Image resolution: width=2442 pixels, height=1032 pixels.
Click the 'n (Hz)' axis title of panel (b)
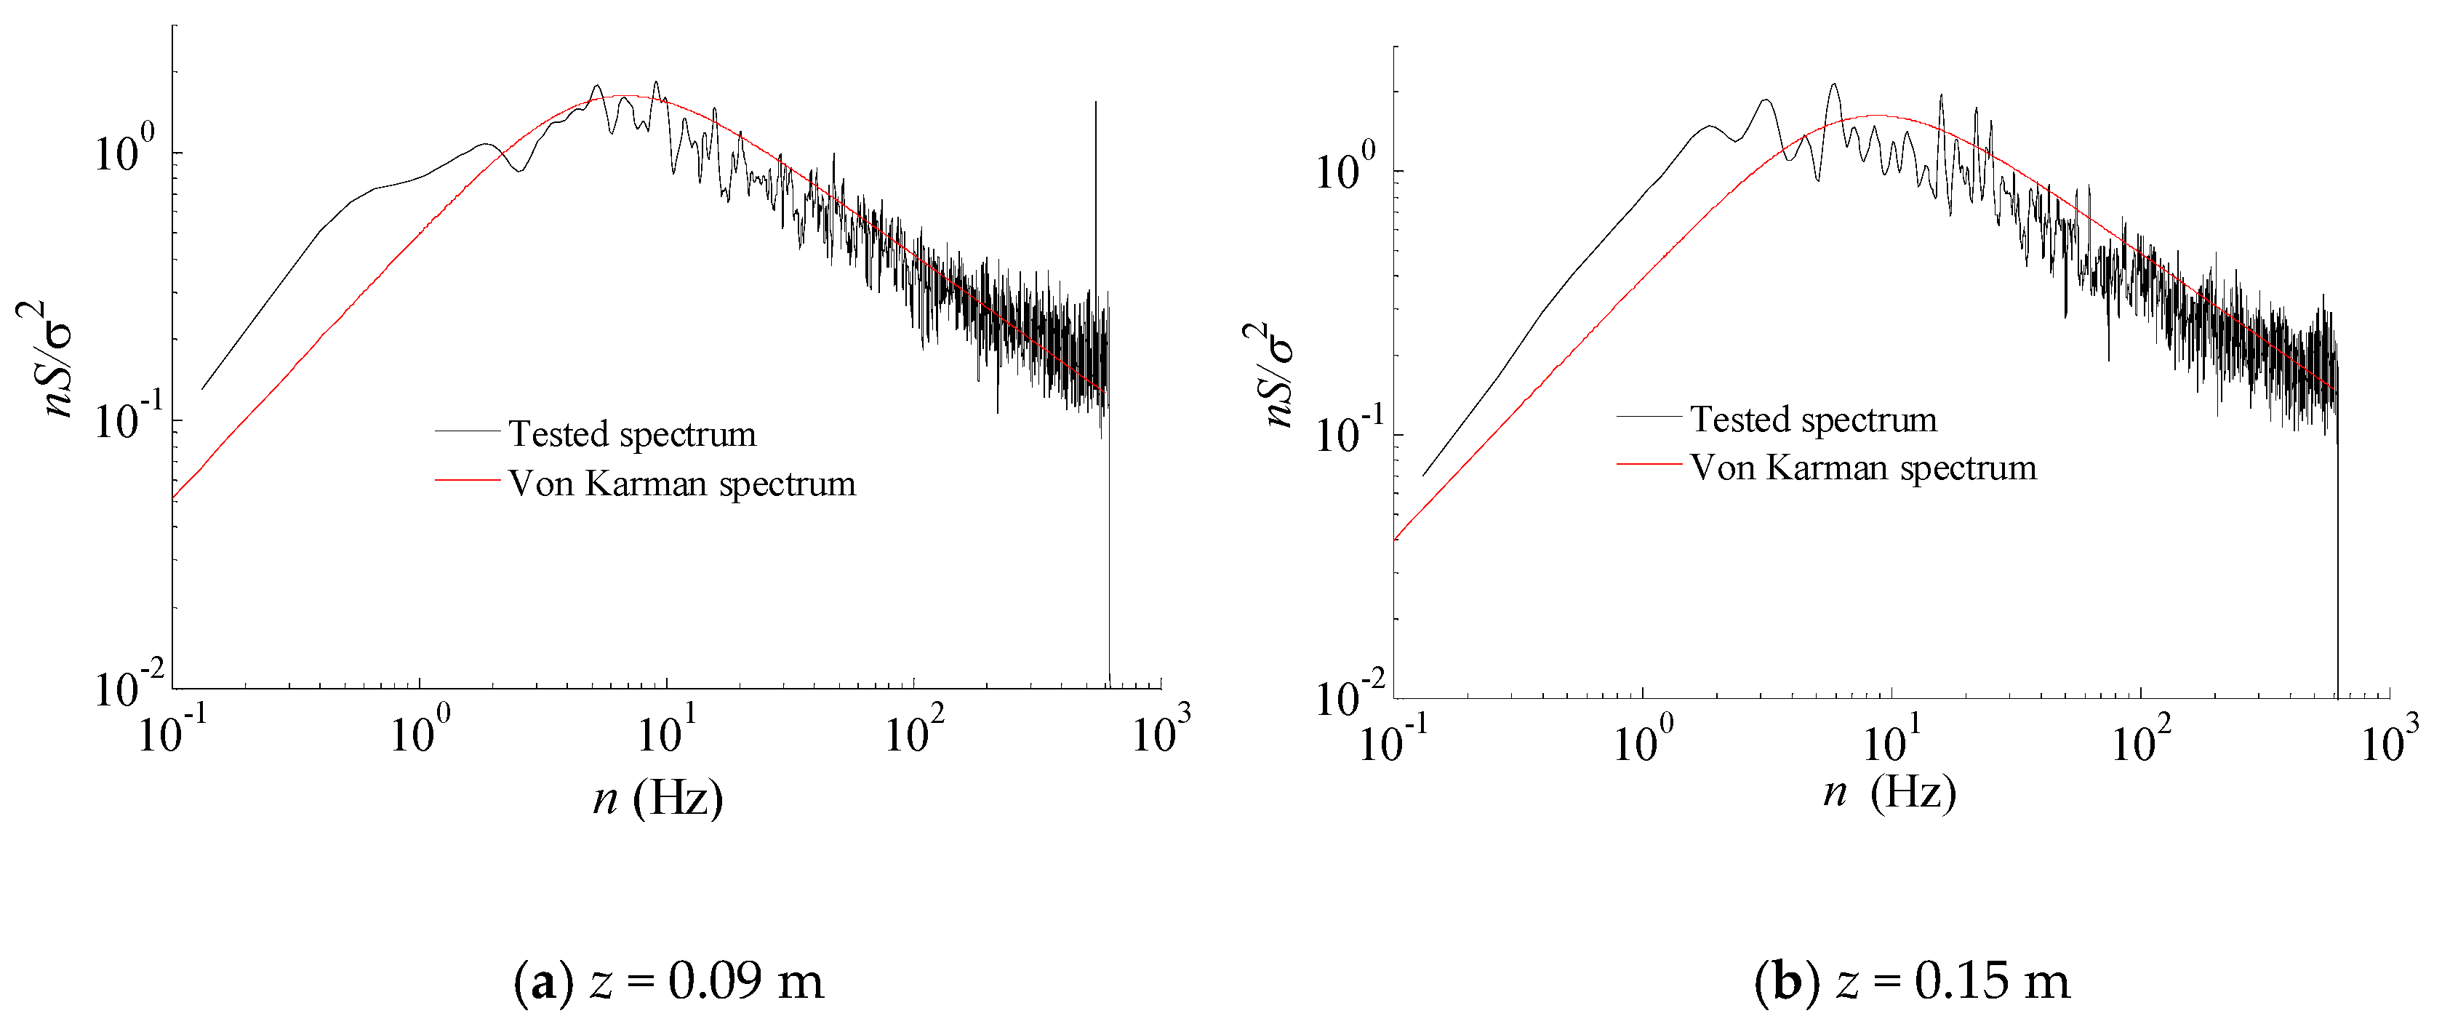coord(1889,791)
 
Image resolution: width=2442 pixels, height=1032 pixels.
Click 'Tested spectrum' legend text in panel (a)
coord(632,434)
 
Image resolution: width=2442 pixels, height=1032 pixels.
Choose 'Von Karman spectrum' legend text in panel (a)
coord(681,484)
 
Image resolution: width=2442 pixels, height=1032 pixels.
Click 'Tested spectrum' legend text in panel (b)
coord(1814,419)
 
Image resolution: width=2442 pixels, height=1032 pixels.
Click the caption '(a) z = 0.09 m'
coord(668,981)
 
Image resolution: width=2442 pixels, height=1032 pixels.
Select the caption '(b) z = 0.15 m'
coord(1912,981)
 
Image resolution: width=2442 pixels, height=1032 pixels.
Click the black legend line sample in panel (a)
coord(468,431)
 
